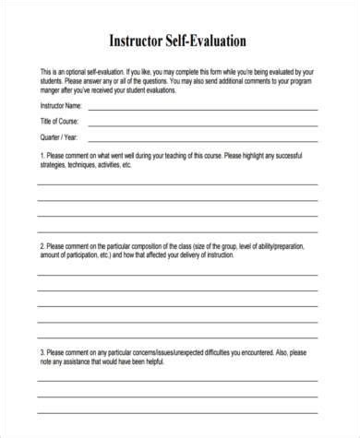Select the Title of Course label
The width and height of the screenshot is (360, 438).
coord(57,122)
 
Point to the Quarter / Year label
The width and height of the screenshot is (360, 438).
coord(56,136)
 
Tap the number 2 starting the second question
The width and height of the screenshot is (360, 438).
coord(39,247)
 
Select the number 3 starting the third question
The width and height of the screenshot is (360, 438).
coord(39,351)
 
